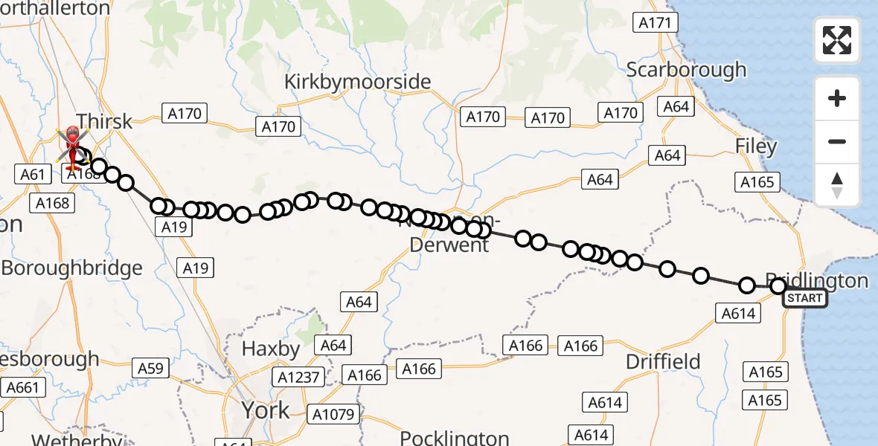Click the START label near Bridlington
(804, 299)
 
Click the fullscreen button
(837, 40)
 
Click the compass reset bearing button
(837, 185)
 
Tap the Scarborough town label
(686, 70)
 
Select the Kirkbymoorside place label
(358, 82)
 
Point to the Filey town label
(755, 146)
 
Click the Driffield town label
(663, 362)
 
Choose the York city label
(265, 410)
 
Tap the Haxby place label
(271, 349)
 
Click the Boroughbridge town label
(71, 268)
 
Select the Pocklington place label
(454, 438)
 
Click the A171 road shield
(655, 23)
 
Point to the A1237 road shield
(298, 377)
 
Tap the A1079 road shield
(334, 413)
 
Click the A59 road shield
(150, 367)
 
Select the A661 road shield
(24, 387)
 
